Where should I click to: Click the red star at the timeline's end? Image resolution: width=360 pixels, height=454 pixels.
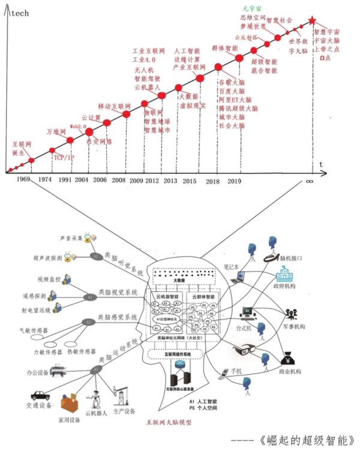pos(312,21)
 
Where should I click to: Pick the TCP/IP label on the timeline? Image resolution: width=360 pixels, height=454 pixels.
pos(64,157)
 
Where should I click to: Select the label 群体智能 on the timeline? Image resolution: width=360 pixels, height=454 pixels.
pos(224,47)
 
